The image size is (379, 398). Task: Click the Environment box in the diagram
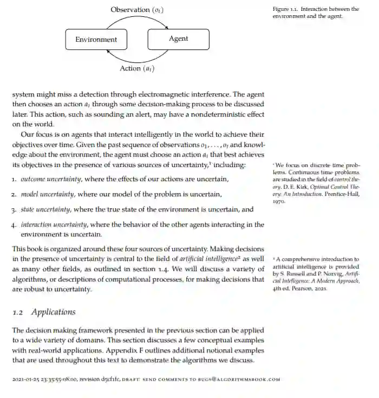coord(96,39)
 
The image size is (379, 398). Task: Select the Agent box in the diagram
coord(178,39)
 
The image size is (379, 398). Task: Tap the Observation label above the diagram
coord(136,10)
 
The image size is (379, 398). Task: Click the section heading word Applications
coord(54,312)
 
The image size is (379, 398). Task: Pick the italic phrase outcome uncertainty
coord(51,179)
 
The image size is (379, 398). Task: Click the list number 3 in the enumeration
coord(14,209)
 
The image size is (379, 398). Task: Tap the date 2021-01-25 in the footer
coord(25,380)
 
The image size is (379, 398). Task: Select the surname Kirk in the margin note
coord(305,185)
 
